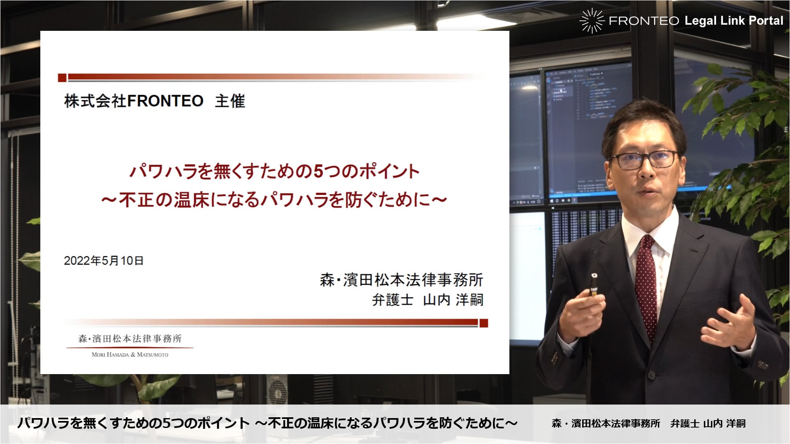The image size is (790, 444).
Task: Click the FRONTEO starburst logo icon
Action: click(592, 21)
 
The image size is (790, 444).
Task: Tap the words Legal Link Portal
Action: click(734, 21)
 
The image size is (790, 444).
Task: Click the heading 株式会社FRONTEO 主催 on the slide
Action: click(154, 101)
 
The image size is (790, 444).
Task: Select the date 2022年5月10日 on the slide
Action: click(104, 261)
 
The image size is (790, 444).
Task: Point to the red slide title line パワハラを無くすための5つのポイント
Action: click(274, 171)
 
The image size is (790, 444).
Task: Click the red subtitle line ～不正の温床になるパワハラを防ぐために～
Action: click(274, 200)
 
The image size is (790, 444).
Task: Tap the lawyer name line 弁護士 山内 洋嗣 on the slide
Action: click(428, 300)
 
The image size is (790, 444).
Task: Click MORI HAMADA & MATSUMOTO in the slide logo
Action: click(130, 354)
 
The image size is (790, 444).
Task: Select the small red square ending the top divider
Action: click(62, 78)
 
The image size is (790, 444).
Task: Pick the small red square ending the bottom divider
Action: click(484, 323)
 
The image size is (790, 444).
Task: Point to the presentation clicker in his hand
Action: click(594, 284)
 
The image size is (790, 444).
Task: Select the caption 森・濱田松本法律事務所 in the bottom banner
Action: click(606, 423)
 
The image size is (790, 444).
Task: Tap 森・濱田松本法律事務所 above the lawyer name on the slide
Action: click(402, 280)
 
